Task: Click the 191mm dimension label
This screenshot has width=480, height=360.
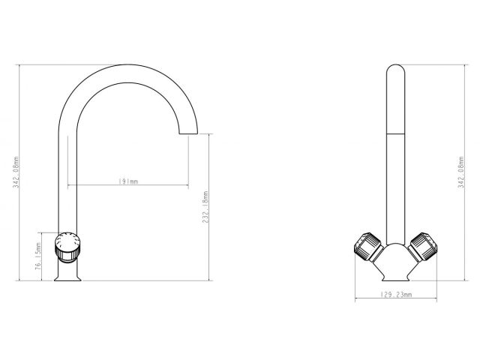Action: point(128,181)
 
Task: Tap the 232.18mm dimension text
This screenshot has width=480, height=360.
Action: point(205,207)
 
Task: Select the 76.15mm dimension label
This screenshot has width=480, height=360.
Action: point(38,256)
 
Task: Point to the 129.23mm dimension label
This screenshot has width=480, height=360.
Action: point(396,295)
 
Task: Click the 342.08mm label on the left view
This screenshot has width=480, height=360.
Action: point(16,172)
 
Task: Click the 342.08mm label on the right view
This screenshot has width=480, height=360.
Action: point(461,172)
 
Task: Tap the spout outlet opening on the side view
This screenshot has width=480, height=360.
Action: point(188,133)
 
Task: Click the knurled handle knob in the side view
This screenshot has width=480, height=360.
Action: point(67,247)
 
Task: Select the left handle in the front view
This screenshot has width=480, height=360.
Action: point(368,247)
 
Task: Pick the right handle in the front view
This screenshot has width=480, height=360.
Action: point(424,247)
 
